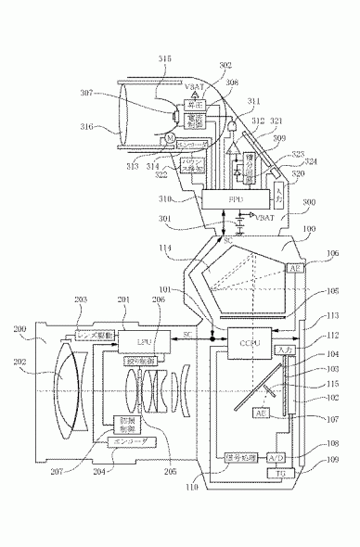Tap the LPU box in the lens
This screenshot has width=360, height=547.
tap(129, 341)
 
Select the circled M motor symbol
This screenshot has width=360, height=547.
tap(170, 139)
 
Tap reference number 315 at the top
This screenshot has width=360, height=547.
tap(164, 57)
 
